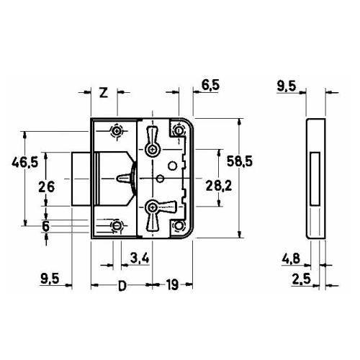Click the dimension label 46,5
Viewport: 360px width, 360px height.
tap(25, 163)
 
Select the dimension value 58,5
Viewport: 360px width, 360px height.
tap(240, 161)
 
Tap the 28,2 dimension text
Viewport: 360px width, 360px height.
tap(219, 186)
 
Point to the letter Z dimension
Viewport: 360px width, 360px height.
tap(104, 93)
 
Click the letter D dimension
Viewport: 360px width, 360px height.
tap(122, 286)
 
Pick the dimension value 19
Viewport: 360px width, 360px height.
tap(173, 285)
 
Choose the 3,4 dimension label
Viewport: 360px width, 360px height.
tap(140, 258)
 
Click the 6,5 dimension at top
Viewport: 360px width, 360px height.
tap(210, 85)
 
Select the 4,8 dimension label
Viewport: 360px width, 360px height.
tap(291, 258)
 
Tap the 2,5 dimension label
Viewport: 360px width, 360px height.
tap(301, 279)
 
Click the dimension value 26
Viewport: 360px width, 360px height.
tap(47, 186)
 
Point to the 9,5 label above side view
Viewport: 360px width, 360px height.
tap(287, 86)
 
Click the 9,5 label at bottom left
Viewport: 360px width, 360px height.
tap(50, 279)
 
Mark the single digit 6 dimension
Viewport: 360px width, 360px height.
tap(45, 226)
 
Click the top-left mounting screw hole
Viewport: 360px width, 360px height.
tap(117, 131)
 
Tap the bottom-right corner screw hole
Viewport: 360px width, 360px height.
tap(179, 225)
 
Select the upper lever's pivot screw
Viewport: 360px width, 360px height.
tap(152, 150)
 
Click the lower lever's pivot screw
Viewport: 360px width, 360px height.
tap(152, 207)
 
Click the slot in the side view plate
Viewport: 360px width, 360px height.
tap(315, 179)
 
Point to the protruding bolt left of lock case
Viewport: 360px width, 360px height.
tap(81, 179)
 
